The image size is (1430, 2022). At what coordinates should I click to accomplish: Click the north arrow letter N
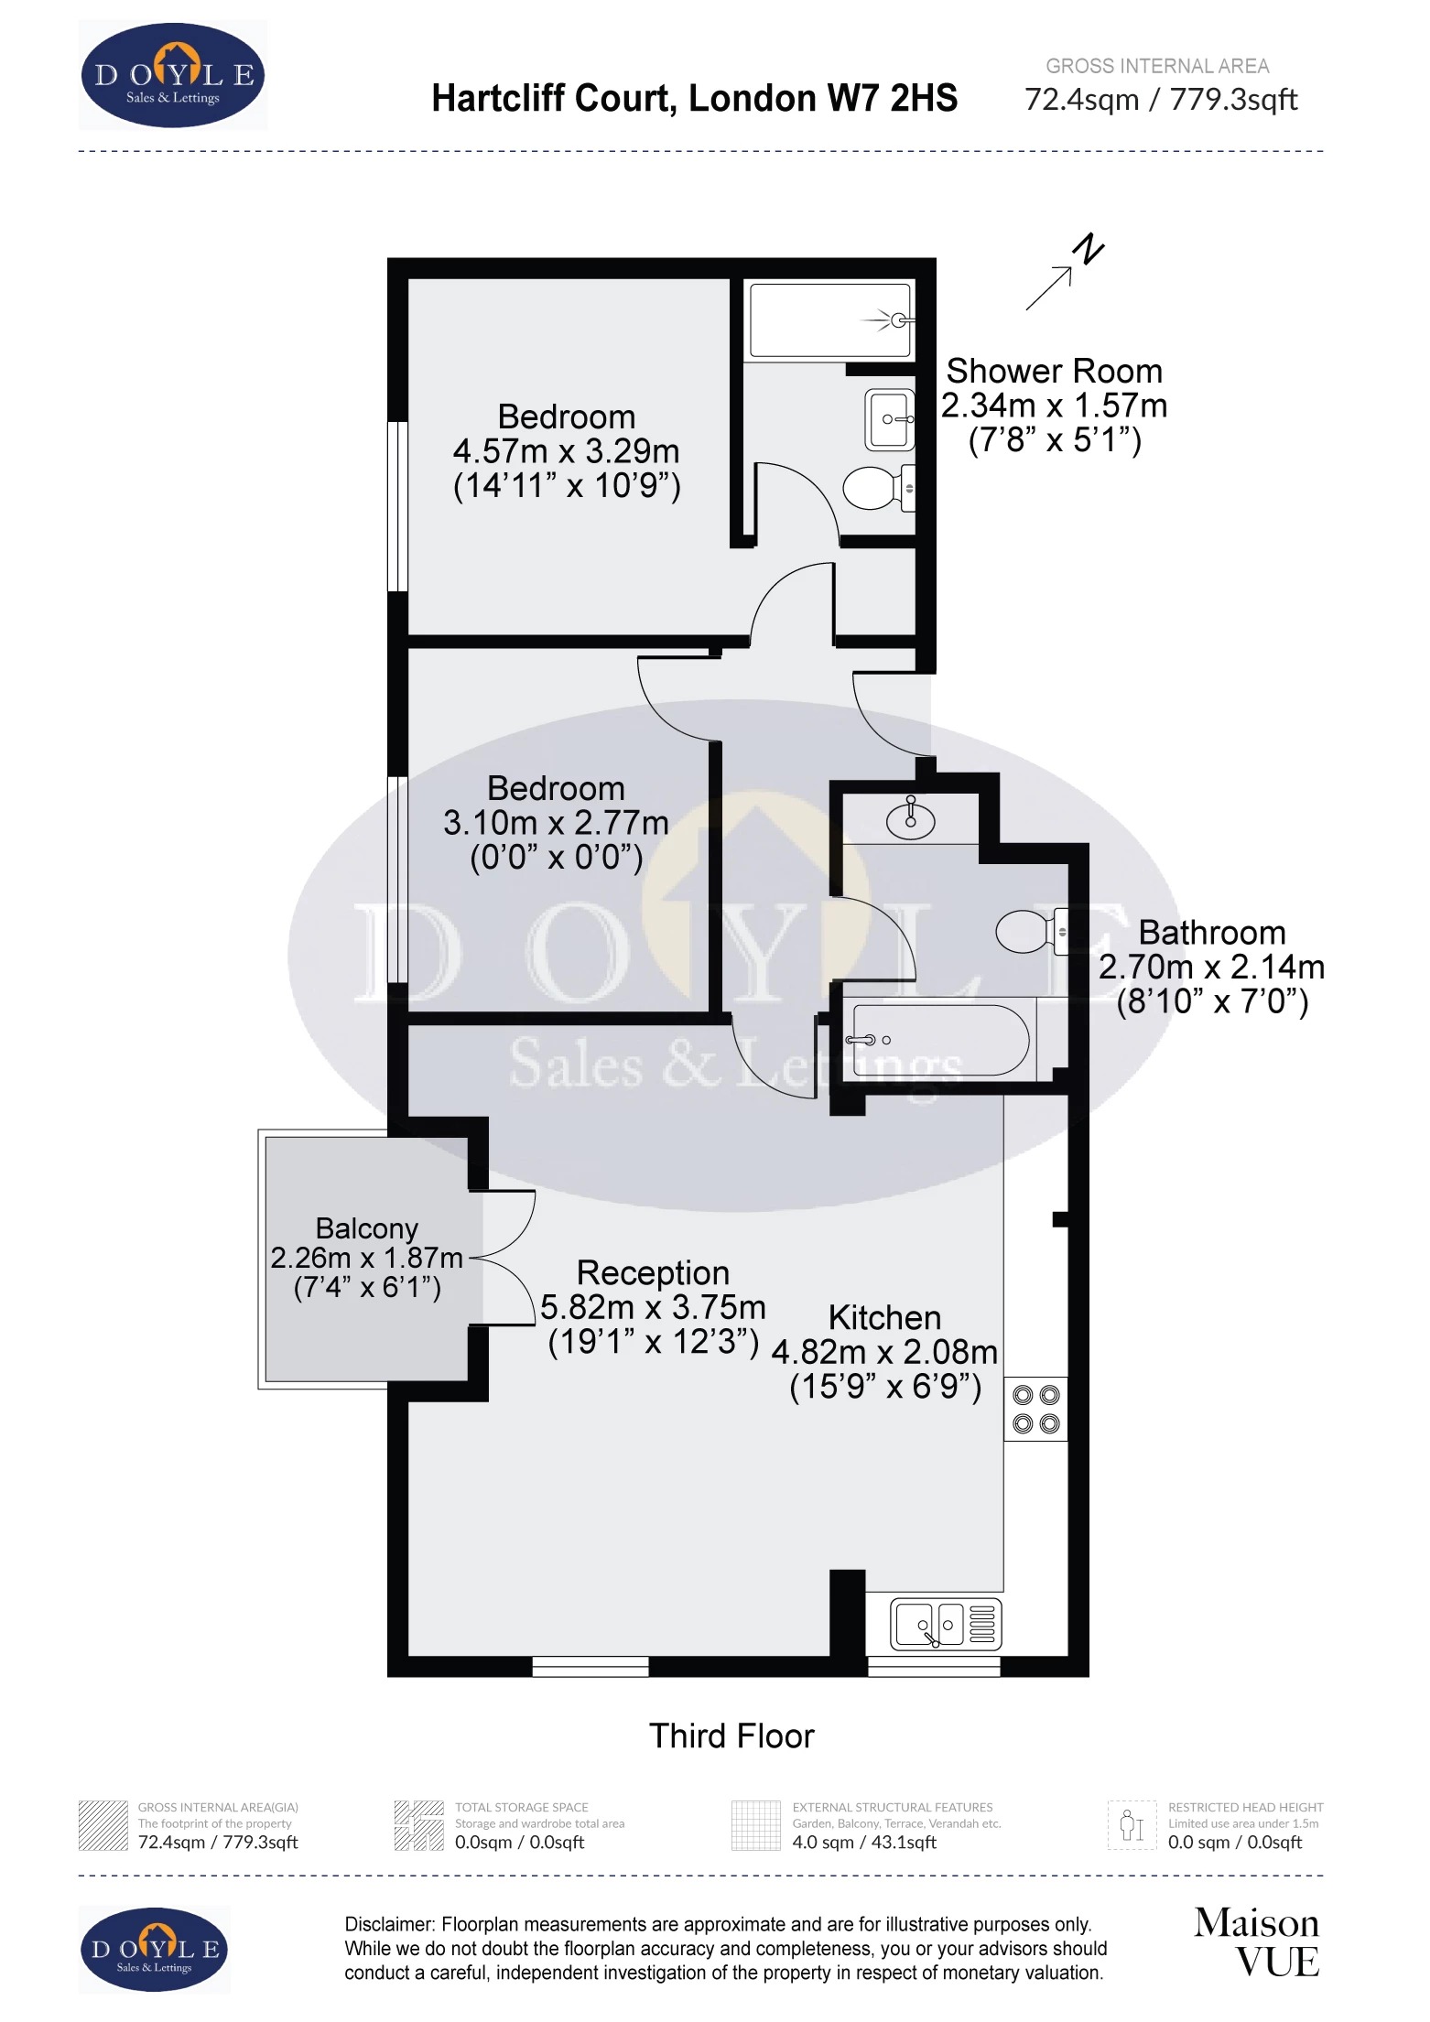(x=1089, y=249)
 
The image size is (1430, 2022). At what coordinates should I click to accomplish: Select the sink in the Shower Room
(x=889, y=420)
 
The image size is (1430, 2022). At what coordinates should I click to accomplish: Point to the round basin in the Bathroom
(x=910, y=820)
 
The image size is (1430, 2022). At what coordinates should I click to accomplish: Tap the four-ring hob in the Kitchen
(x=1035, y=1409)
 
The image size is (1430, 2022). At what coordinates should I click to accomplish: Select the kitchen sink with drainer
(x=946, y=1625)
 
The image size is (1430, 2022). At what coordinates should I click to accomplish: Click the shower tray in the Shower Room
(x=829, y=320)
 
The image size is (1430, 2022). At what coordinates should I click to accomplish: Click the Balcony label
(x=366, y=1228)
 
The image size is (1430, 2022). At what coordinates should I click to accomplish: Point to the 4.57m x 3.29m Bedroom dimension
(x=566, y=451)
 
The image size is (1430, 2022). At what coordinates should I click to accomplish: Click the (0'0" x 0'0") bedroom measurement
(x=556, y=858)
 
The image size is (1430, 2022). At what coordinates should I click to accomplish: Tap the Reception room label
(x=653, y=1273)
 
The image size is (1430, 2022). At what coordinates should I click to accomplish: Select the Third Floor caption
(x=731, y=1735)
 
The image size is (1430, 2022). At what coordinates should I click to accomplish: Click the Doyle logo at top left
(x=173, y=76)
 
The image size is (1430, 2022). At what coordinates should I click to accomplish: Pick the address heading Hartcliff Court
(x=694, y=98)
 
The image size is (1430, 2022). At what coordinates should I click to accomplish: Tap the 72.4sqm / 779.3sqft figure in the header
(x=1160, y=99)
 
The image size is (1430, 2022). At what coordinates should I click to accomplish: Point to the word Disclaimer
(x=388, y=1925)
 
